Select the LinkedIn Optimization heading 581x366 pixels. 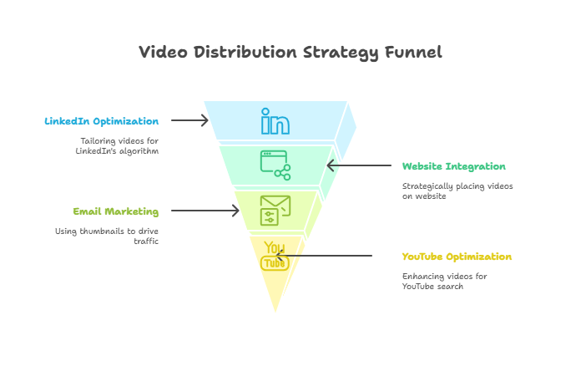[102, 121]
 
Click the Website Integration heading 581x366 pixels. [453, 166]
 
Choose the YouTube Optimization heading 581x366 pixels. [457, 257]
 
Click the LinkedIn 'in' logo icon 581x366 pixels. [275, 121]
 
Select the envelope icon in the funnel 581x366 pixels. [275, 210]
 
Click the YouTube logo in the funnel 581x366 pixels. [275, 255]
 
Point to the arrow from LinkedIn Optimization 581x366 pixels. [189, 121]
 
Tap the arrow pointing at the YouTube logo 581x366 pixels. [334, 255]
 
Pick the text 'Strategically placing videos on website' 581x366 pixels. [457, 191]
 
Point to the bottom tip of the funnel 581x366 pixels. [275, 314]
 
